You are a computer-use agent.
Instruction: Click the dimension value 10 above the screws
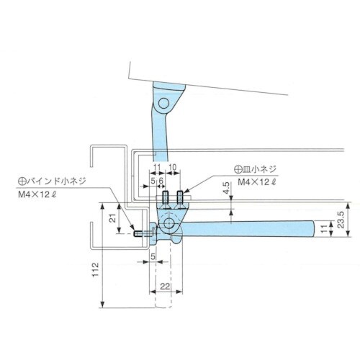pos(174,167)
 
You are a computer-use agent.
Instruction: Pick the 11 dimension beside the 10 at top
pos(158,167)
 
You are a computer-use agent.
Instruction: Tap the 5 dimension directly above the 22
pos(153,256)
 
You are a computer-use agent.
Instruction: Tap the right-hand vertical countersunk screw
pos(178,197)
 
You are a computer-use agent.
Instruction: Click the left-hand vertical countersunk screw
pos(164,197)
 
